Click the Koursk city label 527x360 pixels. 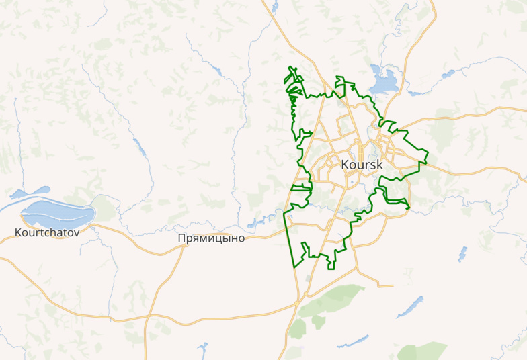click(x=362, y=165)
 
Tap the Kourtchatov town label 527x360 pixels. click(x=47, y=233)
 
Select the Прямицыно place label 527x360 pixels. click(x=211, y=238)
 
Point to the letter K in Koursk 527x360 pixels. click(x=346, y=165)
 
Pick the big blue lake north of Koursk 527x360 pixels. click(x=382, y=80)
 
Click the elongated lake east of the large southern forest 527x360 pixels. click(x=409, y=306)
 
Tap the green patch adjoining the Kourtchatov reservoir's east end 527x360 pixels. click(x=104, y=206)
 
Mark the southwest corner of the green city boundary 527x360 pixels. click(x=295, y=268)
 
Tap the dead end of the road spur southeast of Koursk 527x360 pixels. click(x=392, y=286)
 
